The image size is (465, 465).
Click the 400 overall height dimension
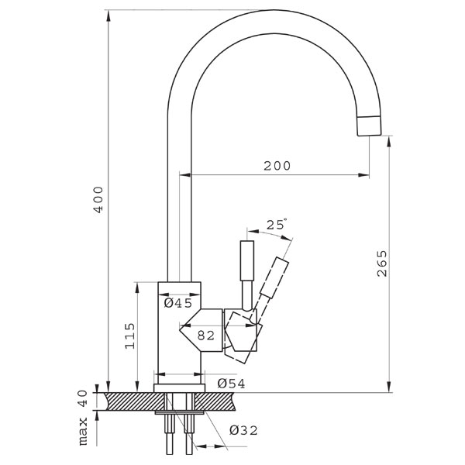tap(98, 199)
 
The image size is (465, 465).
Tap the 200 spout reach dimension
tap(277, 166)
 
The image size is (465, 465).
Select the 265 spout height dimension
tap(382, 263)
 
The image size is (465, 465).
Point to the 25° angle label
tap(277, 224)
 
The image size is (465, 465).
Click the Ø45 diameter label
tap(178, 303)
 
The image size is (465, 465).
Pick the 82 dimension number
tap(206, 336)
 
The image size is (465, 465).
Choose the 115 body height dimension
tap(129, 336)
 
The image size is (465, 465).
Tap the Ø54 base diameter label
tap(231, 384)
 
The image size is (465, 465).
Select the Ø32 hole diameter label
tap(243, 430)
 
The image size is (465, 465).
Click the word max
tap(84, 431)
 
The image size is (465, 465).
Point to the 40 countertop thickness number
tap(84, 398)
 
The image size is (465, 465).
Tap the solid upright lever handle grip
tap(247, 260)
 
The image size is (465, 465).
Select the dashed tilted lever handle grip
tap(274, 277)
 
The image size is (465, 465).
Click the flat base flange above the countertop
tap(179, 388)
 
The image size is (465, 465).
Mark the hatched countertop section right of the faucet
tap(215, 401)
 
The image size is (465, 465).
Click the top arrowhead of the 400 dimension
tap(108, 15)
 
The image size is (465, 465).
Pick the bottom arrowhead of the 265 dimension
tap(389, 387)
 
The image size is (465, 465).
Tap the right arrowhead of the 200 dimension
tap(364, 175)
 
